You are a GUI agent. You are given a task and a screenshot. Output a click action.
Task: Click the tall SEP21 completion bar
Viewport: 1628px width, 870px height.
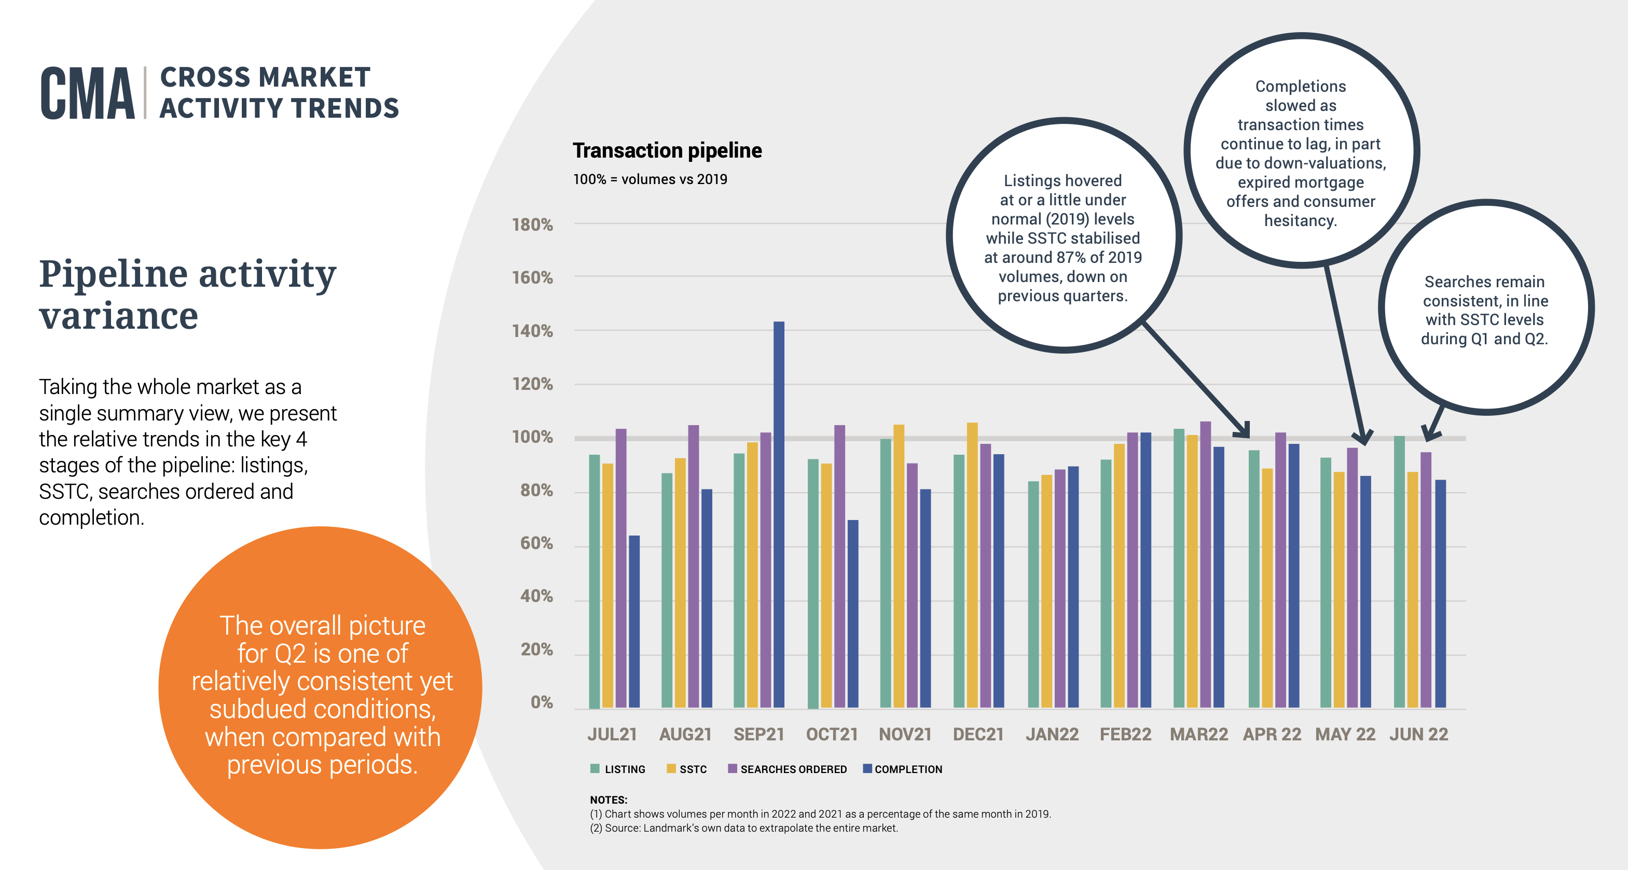point(779,514)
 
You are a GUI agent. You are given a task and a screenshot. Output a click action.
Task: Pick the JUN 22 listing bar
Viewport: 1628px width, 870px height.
point(1399,571)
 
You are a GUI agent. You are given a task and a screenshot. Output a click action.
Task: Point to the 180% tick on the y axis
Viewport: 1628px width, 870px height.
point(532,225)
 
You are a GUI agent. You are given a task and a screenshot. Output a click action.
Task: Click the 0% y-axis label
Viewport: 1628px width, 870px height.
point(541,702)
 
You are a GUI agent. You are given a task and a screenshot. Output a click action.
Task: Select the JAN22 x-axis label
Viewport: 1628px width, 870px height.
point(1052,734)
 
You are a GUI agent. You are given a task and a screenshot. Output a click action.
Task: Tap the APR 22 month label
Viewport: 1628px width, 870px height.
point(1272,734)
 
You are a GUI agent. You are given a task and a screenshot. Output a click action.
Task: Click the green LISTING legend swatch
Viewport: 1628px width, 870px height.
point(594,769)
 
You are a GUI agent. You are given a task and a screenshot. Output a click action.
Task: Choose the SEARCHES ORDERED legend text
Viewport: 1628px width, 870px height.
point(793,769)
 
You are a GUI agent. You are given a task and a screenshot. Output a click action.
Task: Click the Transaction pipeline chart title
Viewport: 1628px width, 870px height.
point(667,150)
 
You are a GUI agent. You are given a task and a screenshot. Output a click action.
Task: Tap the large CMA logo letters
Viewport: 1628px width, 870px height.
point(87,93)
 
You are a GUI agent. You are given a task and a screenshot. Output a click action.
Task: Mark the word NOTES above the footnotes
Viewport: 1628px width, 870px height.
point(608,799)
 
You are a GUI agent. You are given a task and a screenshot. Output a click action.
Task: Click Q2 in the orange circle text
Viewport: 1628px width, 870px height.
point(290,653)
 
